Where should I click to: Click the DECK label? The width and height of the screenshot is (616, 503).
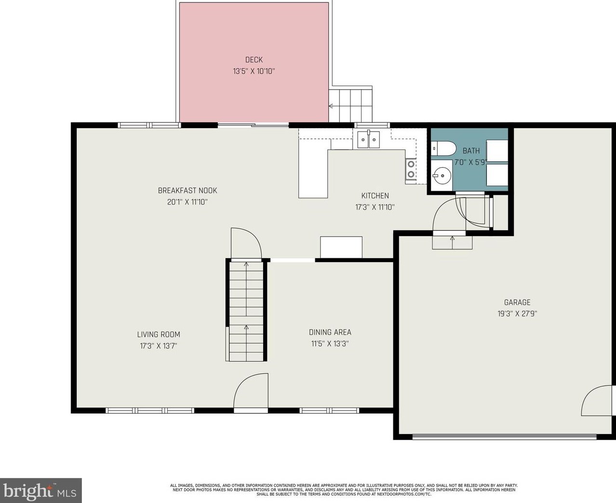[254, 60]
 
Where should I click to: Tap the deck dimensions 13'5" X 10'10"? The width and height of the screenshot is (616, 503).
[254, 71]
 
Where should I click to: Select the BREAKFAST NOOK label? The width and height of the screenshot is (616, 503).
[187, 191]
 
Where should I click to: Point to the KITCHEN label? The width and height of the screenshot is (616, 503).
[375, 196]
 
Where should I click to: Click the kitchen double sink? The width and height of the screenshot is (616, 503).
[369, 140]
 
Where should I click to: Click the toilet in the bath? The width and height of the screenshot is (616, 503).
[443, 148]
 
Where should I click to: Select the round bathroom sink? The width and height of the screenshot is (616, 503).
[442, 176]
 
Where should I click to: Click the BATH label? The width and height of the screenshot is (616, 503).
[471, 151]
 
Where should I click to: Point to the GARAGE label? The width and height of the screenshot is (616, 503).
[517, 302]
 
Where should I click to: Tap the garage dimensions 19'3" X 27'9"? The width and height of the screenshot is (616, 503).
[517, 314]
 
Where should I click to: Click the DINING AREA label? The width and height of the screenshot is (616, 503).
[330, 332]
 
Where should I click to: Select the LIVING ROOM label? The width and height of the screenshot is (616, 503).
[159, 334]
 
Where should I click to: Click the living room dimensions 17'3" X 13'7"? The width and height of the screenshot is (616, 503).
[159, 346]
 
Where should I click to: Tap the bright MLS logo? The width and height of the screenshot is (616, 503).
[40, 490]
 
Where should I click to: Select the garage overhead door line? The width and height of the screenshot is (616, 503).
[505, 437]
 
